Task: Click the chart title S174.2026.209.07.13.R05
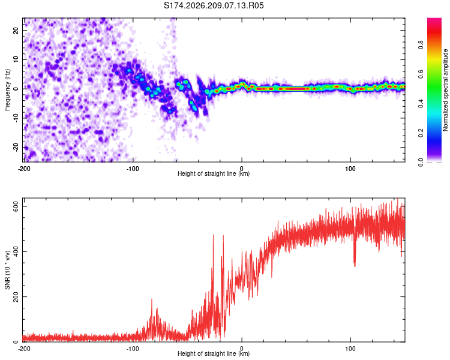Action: [214, 5]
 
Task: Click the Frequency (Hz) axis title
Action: [7, 90]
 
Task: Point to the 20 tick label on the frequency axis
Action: [16, 31]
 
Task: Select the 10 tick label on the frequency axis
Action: [16, 60]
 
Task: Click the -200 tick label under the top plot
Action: [24, 169]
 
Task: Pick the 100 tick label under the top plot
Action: [350, 169]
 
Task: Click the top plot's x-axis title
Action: [214, 173]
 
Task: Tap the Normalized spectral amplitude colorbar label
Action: [445, 90]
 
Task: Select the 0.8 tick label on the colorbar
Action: [421, 45]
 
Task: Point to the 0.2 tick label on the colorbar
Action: [421, 133]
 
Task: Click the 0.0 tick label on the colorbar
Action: [421, 162]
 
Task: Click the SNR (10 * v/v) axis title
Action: [7, 270]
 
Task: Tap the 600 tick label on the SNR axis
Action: [16, 206]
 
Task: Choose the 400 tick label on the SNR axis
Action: [16, 251]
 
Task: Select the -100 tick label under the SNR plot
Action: [133, 349]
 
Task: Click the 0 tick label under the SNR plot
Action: [242, 349]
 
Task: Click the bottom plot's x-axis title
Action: [214, 353]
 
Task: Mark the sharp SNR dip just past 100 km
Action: [355, 266]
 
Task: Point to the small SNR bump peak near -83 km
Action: [152, 299]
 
